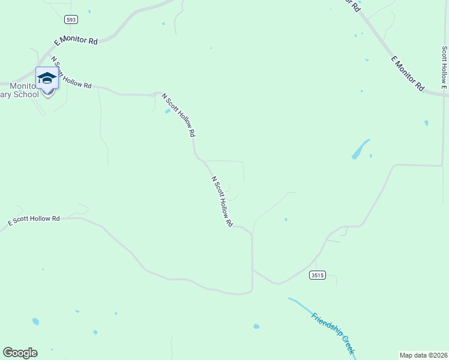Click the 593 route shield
pos(71,20)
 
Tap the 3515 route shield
pos(318,275)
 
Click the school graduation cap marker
pos(47,79)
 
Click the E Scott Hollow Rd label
pos(34,220)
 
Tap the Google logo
pos(20,353)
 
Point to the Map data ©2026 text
pos(424,355)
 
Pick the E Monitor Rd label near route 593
pos(76,41)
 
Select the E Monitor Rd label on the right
pos(408,73)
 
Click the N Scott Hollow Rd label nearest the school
pos(71,73)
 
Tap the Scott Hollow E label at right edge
pos(444,67)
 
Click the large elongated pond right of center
pos(360,149)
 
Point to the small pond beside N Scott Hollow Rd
pos(167,111)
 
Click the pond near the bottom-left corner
pos(35,322)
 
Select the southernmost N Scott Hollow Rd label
pos(222,201)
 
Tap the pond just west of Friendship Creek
pos(256,326)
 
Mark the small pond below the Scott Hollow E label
pos(426,123)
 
